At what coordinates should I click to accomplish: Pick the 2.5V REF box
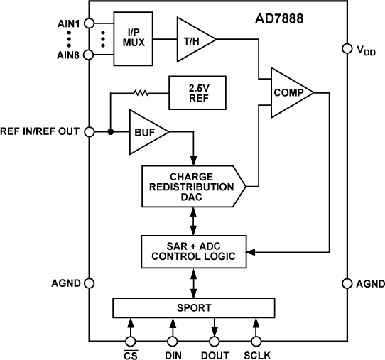point(197,92)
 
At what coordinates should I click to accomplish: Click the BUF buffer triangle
point(146,132)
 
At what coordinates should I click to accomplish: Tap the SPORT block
point(193,307)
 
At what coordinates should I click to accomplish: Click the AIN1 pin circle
point(90,22)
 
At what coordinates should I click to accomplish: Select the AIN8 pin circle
point(90,55)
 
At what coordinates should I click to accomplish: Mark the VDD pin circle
point(347,49)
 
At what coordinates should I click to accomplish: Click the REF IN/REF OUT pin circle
point(90,132)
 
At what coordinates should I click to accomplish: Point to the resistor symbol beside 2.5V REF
point(141,92)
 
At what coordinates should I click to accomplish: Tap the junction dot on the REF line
point(111,132)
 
